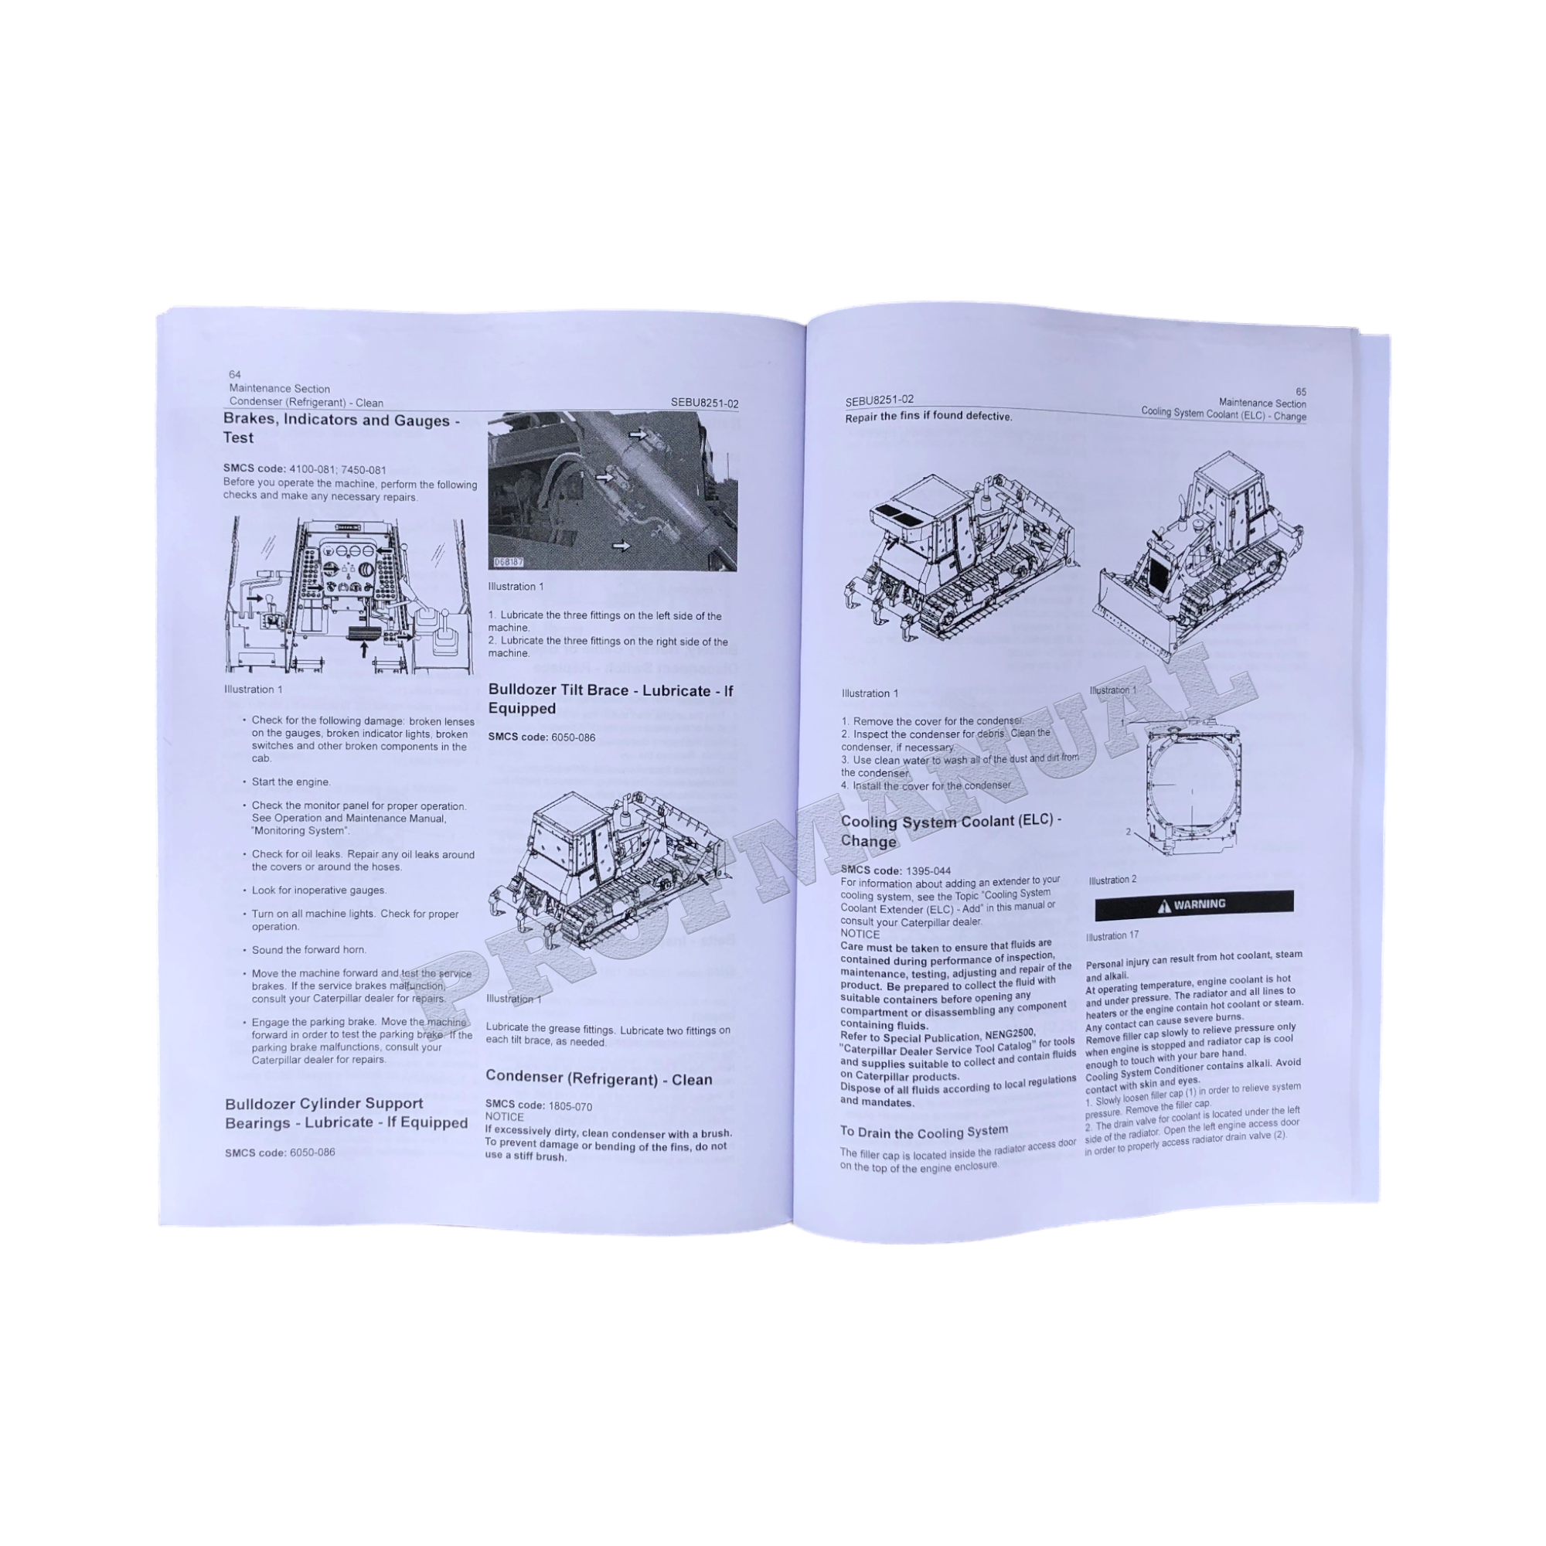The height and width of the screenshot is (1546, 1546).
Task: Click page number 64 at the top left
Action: tap(234, 374)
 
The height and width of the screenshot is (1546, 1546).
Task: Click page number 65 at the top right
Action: tap(1300, 392)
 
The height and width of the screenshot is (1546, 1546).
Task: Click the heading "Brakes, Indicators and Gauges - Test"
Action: tap(341, 429)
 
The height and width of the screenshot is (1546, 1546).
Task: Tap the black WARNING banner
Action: tap(1194, 904)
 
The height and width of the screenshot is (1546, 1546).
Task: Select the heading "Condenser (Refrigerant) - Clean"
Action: tap(598, 1078)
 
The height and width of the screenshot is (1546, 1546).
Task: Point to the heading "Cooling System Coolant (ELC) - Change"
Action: tap(951, 831)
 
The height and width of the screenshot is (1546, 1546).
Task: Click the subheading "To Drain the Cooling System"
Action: tap(924, 1132)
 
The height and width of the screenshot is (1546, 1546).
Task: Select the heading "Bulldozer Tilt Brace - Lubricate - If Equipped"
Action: tap(610, 700)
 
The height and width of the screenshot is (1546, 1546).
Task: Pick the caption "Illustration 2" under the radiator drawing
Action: tap(1112, 880)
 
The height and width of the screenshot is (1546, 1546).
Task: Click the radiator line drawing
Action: tap(1191, 789)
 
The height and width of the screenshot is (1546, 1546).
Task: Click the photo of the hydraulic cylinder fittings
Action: tap(612, 491)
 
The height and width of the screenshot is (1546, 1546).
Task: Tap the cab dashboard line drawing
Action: tap(349, 595)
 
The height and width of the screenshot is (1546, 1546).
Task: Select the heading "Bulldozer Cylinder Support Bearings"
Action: tap(346, 1113)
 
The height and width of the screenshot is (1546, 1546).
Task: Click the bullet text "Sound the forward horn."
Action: tap(309, 950)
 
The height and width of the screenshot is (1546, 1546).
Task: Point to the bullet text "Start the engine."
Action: tap(291, 782)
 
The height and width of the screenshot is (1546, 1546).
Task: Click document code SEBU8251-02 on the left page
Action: tap(704, 404)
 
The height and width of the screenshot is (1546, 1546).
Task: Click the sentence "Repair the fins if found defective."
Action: tap(928, 417)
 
